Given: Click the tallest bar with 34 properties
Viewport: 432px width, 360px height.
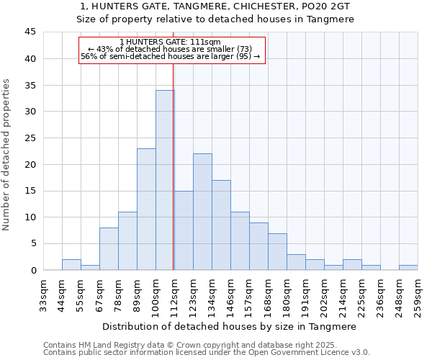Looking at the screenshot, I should tap(165, 180).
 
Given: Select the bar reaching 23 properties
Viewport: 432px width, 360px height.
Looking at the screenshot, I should tap(146, 209).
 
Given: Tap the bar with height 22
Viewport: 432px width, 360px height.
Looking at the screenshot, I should tap(202, 212).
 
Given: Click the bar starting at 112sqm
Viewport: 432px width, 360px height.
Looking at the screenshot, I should tap(184, 230).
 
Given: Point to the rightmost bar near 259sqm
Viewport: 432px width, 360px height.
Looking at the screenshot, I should tap(408, 267).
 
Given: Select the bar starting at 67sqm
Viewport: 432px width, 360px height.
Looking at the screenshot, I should tap(109, 249).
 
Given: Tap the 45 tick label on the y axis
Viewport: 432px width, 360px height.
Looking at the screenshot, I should tap(30, 32).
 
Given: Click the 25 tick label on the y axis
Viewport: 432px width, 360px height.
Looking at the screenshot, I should tap(30, 138).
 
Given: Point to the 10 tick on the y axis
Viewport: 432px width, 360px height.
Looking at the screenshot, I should tap(30, 217).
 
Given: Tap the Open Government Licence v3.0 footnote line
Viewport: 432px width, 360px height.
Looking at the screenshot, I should tap(207, 353).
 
